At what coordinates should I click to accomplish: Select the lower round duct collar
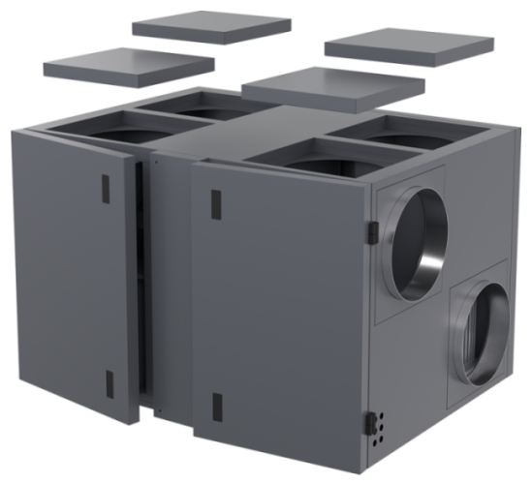(481, 324)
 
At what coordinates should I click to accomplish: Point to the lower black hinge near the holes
(369, 422)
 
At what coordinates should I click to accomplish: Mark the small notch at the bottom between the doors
(148, 414)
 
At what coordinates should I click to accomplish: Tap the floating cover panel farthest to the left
(128, 65)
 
